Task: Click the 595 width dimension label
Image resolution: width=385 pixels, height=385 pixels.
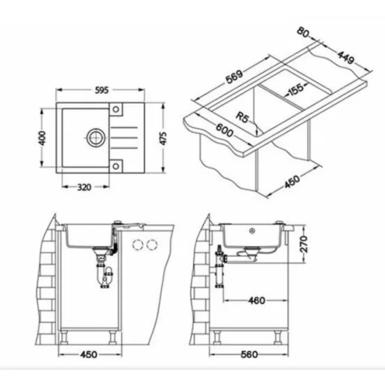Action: (102, 90)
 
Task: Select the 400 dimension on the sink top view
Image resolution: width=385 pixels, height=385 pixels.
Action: (43, 138)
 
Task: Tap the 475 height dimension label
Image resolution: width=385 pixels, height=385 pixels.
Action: (163, 138)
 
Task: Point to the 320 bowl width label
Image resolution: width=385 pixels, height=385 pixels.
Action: (84, 187)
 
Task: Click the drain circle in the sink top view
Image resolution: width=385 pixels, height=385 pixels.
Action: (95, 137)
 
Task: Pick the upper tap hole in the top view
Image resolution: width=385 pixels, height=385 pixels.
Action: (116, 109)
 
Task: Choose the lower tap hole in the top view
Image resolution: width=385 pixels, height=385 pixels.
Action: (116, 166)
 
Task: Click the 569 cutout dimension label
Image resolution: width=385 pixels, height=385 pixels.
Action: (235, 77)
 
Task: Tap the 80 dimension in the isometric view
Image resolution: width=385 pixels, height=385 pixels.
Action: (303, 32)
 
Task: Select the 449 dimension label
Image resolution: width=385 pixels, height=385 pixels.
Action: (346, 57)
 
